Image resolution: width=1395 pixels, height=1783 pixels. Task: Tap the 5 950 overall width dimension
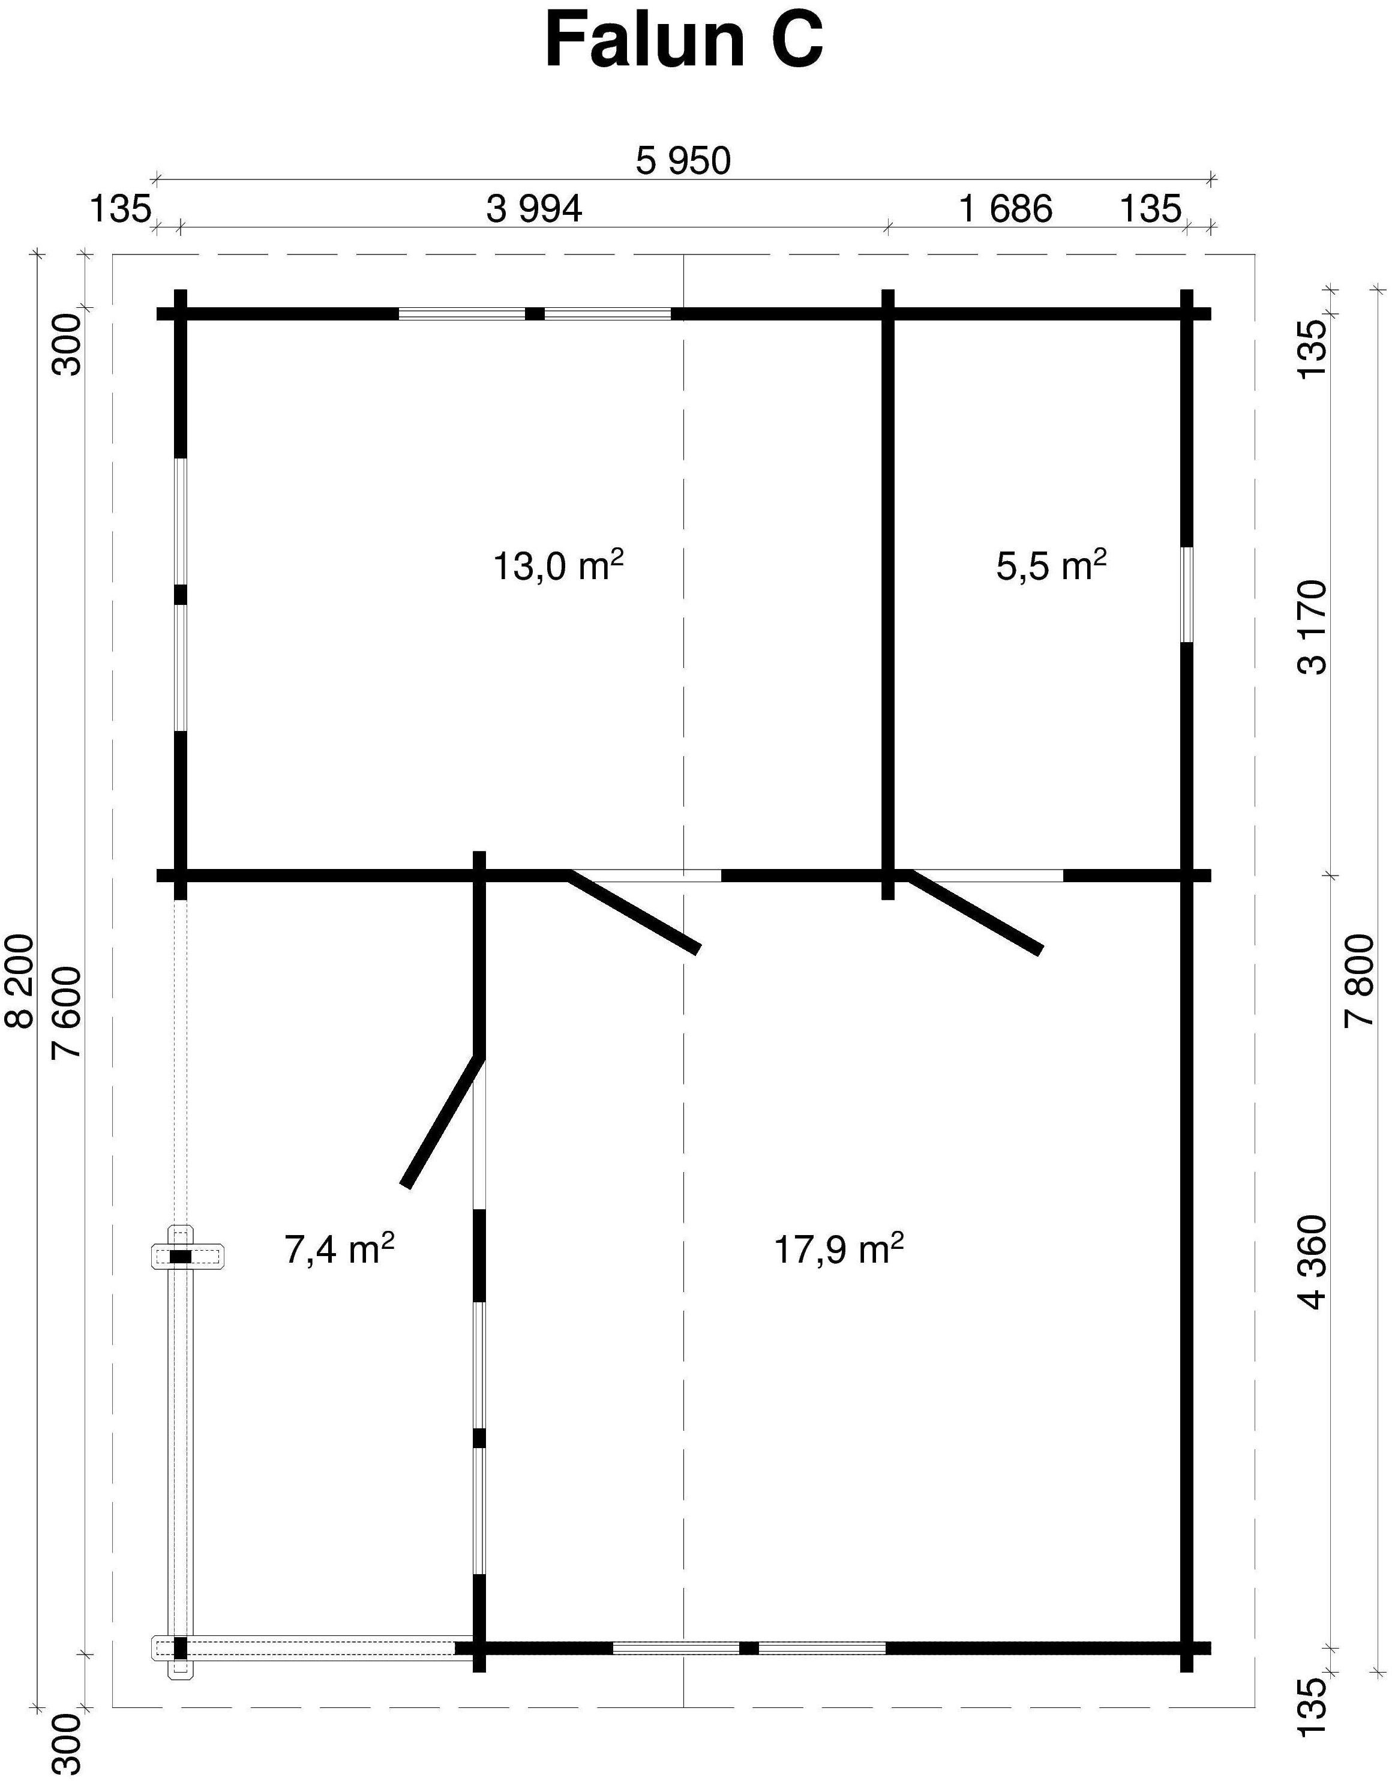683,161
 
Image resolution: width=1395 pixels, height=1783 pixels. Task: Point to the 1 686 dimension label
1006,210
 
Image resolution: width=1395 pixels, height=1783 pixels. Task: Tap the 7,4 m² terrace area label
340,1249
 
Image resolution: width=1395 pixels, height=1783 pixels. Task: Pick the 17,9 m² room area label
838,1249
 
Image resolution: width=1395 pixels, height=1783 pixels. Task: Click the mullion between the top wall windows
534,314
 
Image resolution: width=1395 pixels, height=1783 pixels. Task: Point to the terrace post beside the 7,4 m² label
181,1257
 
